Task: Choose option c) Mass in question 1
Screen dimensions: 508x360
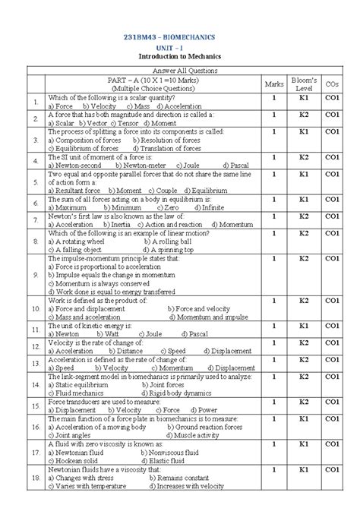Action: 141,107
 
